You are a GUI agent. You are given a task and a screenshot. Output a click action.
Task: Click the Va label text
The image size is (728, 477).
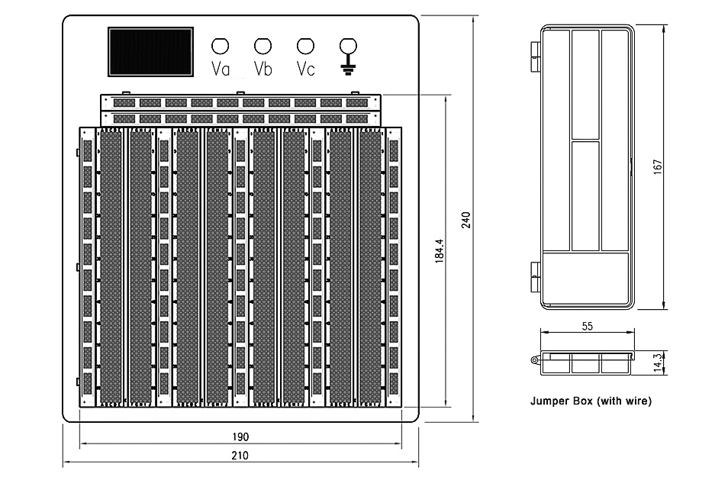point(221,69)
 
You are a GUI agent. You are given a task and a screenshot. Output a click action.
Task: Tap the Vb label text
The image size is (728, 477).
point(263,69)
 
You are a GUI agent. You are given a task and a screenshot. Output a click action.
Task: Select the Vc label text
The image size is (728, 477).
point(305,69)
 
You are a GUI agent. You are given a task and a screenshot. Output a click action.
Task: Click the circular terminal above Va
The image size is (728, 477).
point(220,46)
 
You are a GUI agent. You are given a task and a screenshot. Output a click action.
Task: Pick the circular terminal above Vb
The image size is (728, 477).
point(263,46)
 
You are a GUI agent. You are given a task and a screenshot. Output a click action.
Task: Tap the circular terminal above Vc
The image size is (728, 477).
point(305,46)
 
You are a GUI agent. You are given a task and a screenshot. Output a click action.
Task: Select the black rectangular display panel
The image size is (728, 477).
point(151,52)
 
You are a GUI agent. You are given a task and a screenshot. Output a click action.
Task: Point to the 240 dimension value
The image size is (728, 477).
point(466,220)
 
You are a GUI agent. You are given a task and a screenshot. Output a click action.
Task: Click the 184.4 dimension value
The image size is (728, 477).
point(440,251)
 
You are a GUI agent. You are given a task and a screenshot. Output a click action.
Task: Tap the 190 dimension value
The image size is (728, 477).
point(240,437)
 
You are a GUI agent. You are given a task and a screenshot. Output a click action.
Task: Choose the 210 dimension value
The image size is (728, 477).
point(240,456)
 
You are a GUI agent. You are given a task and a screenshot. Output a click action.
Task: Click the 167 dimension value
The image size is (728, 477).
point(658,166)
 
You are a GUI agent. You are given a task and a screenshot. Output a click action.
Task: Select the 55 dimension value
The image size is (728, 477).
point(588,327)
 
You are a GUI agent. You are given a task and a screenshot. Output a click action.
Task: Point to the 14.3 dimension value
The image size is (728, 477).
point(658,363)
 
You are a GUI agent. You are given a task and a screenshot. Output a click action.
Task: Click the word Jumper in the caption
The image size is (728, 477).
point(546,401)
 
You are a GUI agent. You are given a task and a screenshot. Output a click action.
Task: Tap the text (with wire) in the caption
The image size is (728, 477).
point(624,401)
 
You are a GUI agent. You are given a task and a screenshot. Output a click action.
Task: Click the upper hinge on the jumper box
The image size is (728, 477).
point(536,56)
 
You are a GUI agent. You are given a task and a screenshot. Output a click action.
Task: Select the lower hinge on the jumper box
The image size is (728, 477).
point(536,277)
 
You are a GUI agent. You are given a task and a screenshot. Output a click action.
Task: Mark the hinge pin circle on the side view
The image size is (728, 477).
point(534,360)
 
